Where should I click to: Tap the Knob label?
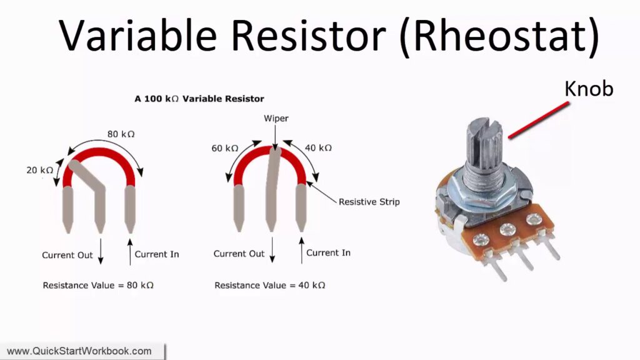(589, 89)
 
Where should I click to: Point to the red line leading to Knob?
(538, 121)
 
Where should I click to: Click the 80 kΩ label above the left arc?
(121, 134)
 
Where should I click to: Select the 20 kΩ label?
(39, 170)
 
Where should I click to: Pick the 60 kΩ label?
(224, 148)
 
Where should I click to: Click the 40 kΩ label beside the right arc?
(318, 147)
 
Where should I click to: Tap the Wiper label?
(276, 118)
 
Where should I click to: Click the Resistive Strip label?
(369, 202)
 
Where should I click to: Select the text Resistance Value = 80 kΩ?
(98, 285)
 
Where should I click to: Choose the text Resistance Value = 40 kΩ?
(270, 285)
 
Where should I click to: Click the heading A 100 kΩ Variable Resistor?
(199, 99)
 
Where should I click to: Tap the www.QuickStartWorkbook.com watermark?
(79, 351)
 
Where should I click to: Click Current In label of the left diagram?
(157, 254)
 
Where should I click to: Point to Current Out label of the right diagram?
(239, 254)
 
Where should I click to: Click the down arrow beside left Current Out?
(101, 252)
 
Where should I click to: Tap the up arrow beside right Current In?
(302, 250)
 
